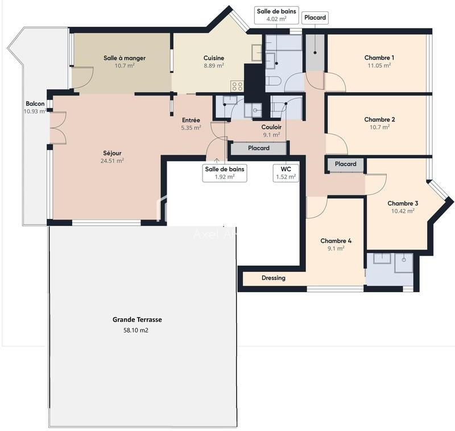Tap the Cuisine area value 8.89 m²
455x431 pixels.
coord(214,65)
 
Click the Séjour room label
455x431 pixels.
coord(112,152)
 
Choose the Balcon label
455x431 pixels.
coord(35,103)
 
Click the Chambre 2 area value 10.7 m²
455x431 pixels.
coord(379,127)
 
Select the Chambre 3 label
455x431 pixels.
coord(403,203)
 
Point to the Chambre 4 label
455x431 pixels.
coord(336,241)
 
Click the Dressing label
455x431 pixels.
coord(273,278)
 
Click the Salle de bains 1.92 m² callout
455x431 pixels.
coord(225,172)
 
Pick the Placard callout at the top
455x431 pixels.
coord(315,18)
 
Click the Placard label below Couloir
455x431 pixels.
coord(259,148)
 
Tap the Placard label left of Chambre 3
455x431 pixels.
coord(345,164)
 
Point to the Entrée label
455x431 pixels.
coord(191,120)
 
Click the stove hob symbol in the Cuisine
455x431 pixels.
coord(237,86)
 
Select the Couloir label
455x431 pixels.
coord(271,127)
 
